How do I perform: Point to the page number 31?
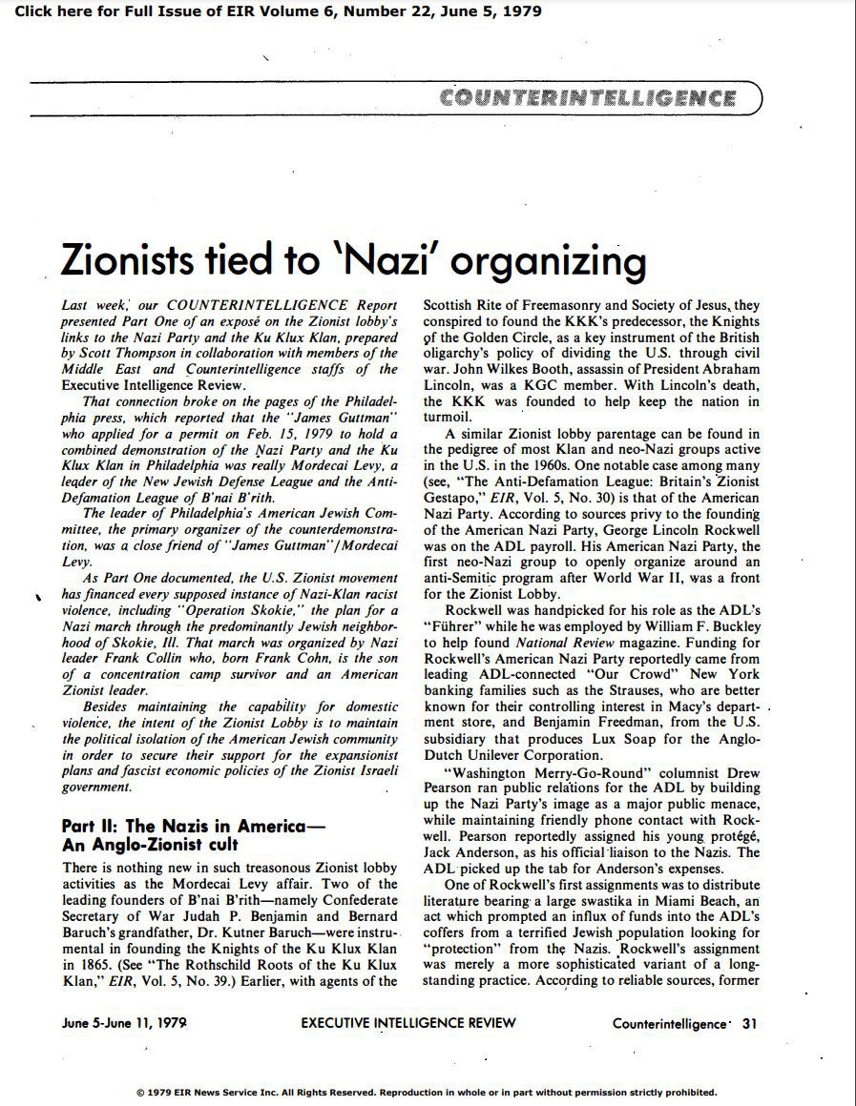click(750, 1023)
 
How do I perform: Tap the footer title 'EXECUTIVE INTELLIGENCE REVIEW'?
click(408, 1023)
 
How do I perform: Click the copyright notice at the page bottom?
click(427, 1093)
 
